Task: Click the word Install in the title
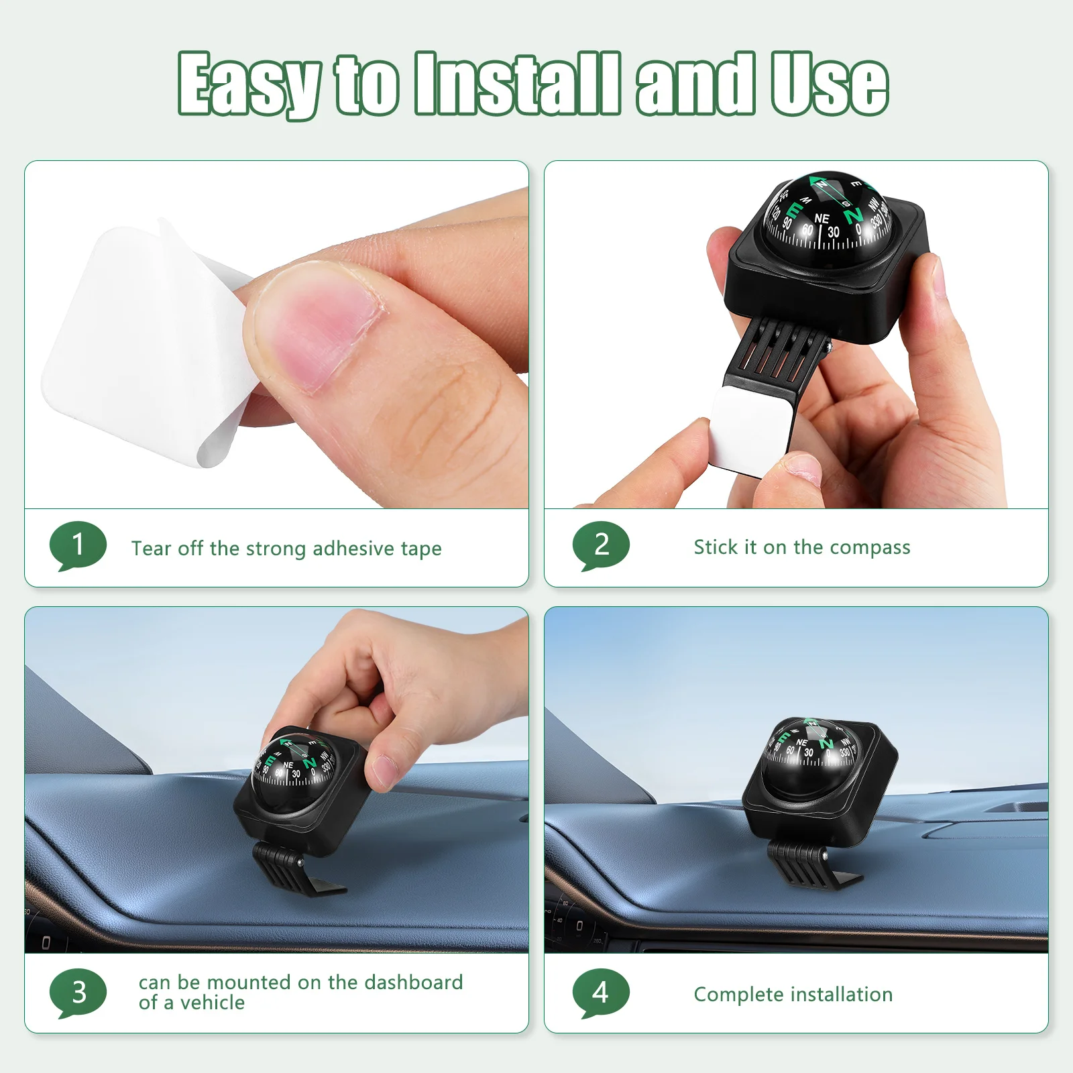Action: (x=516, y=84)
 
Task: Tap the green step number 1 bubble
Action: (x=78, y=545)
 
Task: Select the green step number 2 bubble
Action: (x=601, y=545)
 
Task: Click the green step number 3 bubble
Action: (x=78, y=992)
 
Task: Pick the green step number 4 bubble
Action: (x=601, y=992)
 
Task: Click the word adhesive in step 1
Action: (x=353, y=549)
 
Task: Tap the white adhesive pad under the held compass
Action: (x=751, y=429)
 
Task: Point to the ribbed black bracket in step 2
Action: (x=778, y=349)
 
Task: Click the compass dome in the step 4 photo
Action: (x=811, y=758)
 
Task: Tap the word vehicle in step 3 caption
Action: (x=211, y=1003)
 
